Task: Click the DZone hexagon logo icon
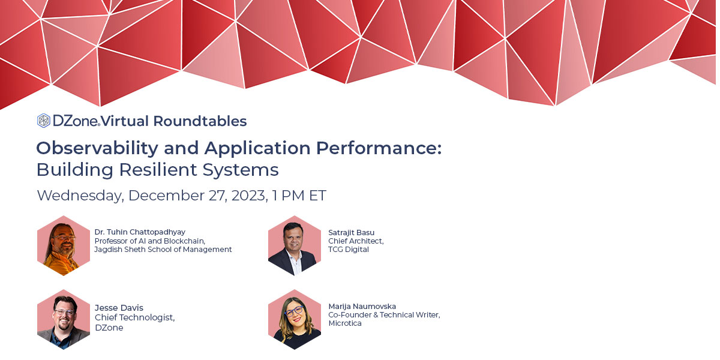pyautogui.click(x=43, y=121)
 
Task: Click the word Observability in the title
pyautogui.click(x=97, y=149)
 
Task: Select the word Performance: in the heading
pyautogui.click(x=379, y=149)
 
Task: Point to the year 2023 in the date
pyautogui.click(x=250, y=196)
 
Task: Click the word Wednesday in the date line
pyautogui.click(x=80, y=196)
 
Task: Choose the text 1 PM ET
pyautogui.click(x=299, y=196)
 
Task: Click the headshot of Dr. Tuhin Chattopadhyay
pyautogui.click(x=64, y=245)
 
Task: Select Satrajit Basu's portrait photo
pyautogui.click(x=295, y=245)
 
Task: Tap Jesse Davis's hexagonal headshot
pyautogui.click(x=64, y=319)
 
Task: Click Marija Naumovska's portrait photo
pyautogui.click(x=295, y=319)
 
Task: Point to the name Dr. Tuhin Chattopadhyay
pyautogui.click(x=140, y=232)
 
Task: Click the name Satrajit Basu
pyautogui.click(x=352, y=232)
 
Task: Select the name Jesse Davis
pyautogui.click(x=119, y=308)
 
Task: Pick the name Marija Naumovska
pyautogui.click(x=362, y=307)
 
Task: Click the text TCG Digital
pyautogui.click(x=349, y=250)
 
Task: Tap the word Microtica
pyautogui.click(x=345, y=323)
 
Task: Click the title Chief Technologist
pyautogui.click(x=134, y=317)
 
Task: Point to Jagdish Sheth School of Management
pyautogui.click(x=163, y=250)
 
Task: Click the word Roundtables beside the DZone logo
pyautogui.click(x=200, y=121)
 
